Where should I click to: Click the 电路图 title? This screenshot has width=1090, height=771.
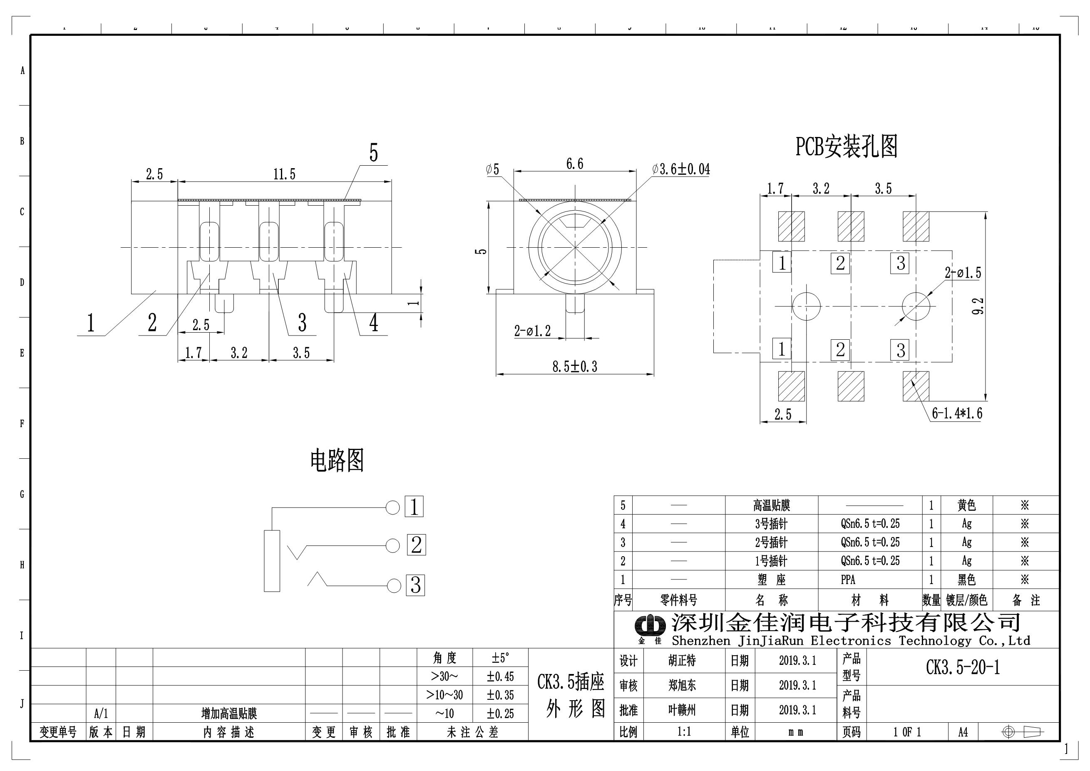(x=337, y=460)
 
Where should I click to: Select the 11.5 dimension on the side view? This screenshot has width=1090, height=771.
(x=284, y=174)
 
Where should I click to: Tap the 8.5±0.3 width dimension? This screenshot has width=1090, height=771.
(x=574, y=366)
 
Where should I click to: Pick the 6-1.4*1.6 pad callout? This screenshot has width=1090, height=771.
(x=956, y=413)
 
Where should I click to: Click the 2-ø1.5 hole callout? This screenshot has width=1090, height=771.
(x=962, y=273)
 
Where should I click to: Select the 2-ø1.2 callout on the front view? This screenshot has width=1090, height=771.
(x=532, y=331)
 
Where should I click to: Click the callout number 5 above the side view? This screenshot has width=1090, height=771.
(x=374, y=153)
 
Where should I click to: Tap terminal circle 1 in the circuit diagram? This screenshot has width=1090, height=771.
(x=392, y=507)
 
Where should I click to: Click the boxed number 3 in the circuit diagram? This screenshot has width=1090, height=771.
(x=415, y=585)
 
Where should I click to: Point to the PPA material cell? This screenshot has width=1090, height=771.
(x=848, y=579)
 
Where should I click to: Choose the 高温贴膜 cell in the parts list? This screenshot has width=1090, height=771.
(x=772, y=505)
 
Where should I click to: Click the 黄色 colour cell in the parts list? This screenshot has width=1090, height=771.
(x=966, y=505)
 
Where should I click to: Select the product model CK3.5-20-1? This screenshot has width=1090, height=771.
(x=963, y=667)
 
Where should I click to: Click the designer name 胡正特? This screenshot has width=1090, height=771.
(x=682, y=660)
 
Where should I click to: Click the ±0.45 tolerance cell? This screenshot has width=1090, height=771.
(x=500, y=676)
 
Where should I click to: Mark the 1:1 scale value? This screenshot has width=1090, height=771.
(x=684, y=731)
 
